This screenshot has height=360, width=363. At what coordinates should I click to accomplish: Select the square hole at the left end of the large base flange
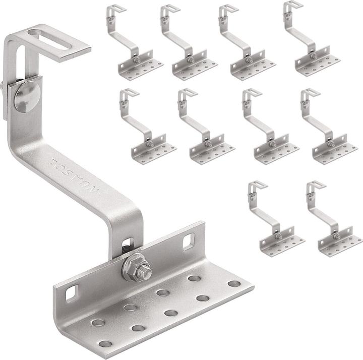tap(73, 291)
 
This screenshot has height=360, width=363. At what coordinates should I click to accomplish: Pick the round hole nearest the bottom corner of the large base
tap(105, 344)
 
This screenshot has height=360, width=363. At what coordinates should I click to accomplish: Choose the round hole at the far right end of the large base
tap(233, 283)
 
